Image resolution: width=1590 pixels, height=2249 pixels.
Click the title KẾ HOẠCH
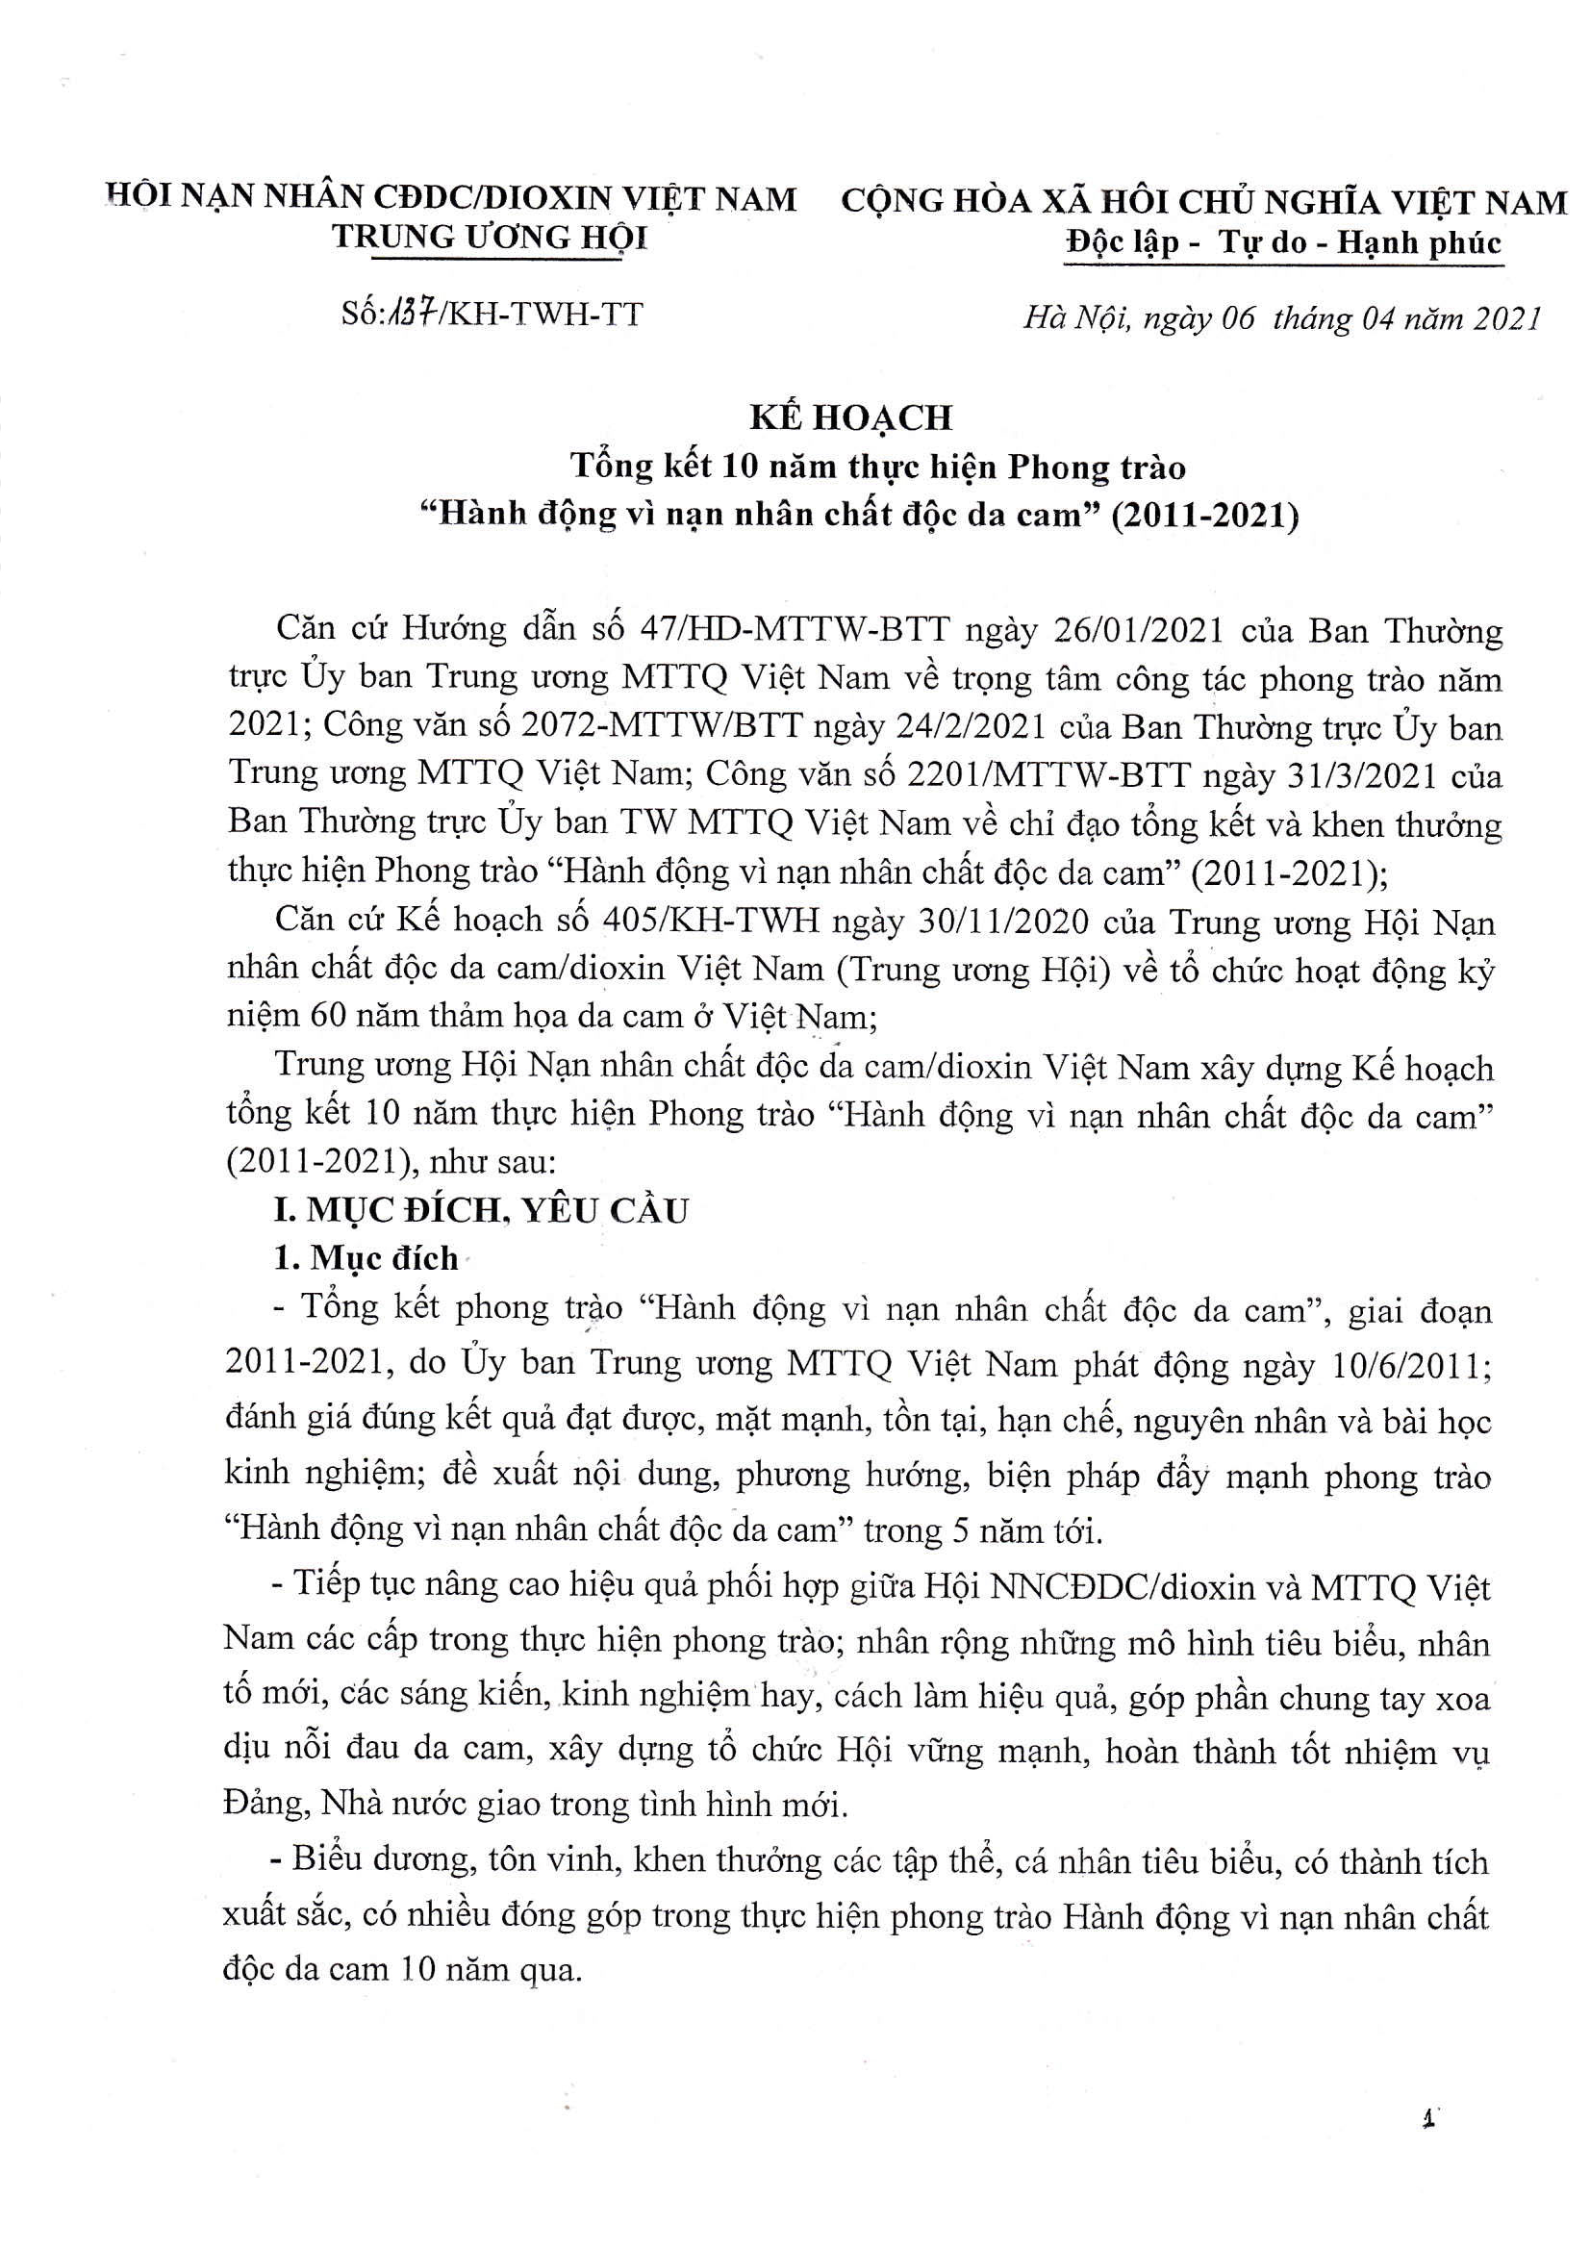point(850,418)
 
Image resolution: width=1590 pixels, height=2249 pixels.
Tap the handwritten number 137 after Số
point(407,315)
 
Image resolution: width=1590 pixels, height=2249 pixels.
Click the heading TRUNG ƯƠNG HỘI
point(490,238)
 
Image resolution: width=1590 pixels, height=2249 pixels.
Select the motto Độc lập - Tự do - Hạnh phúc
point(1283,242)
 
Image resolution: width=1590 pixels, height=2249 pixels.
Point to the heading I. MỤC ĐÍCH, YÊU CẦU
point(481,1211)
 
